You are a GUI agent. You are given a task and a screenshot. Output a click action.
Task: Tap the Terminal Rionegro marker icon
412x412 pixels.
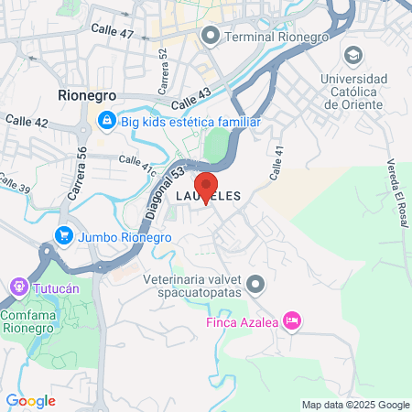pyautogui.click(x=211, y=37)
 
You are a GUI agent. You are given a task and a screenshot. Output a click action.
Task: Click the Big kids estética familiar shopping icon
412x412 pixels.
pyautogui.click(x=107, y=120)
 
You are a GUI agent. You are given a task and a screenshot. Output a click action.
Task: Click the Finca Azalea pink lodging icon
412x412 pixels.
pyautogui.click(x=292, y=320)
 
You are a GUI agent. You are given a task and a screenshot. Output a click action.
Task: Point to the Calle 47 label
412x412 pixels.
pyautogui.click(x=113, y=32)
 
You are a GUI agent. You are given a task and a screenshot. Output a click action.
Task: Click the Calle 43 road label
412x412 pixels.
pyautogui.click(x=190, y=94)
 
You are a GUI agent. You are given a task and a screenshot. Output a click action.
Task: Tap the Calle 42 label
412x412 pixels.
pyautogui.click(x=27, y=120)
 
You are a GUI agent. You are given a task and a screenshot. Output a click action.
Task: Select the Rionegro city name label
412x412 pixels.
pyautogui.click(x=88, y=94)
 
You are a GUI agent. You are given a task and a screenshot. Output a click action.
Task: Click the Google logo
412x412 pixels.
pyautogui.click(x=30, y=400)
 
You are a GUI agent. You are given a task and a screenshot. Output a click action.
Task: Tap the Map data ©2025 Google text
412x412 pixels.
pyautogui.click(x=356, y=405)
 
